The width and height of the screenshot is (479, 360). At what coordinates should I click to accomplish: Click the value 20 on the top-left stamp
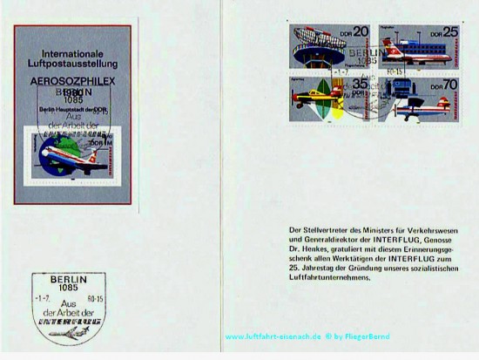(x=360, y=33)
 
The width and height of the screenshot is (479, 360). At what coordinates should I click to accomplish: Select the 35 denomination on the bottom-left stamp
(x=360, y=85)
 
